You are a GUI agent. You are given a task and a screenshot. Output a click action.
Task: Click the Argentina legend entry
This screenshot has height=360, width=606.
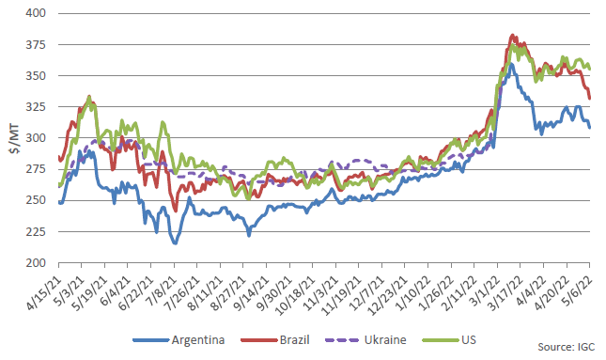(x=179, y=340)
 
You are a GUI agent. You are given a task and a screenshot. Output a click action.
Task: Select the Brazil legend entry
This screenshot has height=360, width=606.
(x=275, y=340)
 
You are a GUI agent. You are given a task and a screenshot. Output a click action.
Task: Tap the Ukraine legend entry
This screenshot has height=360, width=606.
(x=366, y=340)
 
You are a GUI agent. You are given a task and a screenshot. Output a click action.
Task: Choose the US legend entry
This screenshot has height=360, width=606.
(x=449, y=340)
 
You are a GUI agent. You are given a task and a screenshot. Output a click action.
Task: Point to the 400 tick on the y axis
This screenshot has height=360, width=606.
(x=36, y=13)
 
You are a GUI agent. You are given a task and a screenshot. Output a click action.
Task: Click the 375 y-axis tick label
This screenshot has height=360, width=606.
(x=36, y=45)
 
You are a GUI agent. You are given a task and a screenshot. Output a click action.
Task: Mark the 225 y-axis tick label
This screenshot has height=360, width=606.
(x=36, y=231)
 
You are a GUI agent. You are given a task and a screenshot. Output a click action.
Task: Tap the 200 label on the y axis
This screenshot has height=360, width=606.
(x=36, y=263)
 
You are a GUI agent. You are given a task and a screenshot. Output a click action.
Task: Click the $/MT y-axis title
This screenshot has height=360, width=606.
(x=14, y=140)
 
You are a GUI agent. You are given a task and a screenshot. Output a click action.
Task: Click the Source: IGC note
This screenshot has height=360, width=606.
(x=567, y=347)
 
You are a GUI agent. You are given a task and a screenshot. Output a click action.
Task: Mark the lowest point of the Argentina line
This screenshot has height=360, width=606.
(x=175, y=243)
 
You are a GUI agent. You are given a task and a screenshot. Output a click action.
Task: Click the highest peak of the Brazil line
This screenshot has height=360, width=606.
(x=512, y=35)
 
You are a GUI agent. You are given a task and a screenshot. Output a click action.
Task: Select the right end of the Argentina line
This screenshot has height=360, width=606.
(x=589, y=127)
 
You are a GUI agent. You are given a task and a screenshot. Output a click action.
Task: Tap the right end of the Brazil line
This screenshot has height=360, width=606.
(x=589, y=98)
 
